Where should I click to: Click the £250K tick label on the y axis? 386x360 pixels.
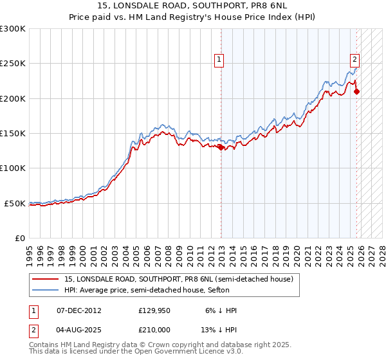pyautogui.click(x=13, y=64)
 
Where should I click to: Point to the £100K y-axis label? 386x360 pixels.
pyautogui.click(x=13, y=168)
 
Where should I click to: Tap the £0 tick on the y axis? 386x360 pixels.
pyautogui.click(x=19, y=238)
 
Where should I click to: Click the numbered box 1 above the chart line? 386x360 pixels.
pyautogui.click(x=219, y=60)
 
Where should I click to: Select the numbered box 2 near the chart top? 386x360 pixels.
pyautogui.click(x=354, y=60)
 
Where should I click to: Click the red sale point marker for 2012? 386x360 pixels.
pyautogui.click(x=221, y=147)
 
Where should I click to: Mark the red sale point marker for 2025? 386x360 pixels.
pyautogui.click(x=356, y=91)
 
